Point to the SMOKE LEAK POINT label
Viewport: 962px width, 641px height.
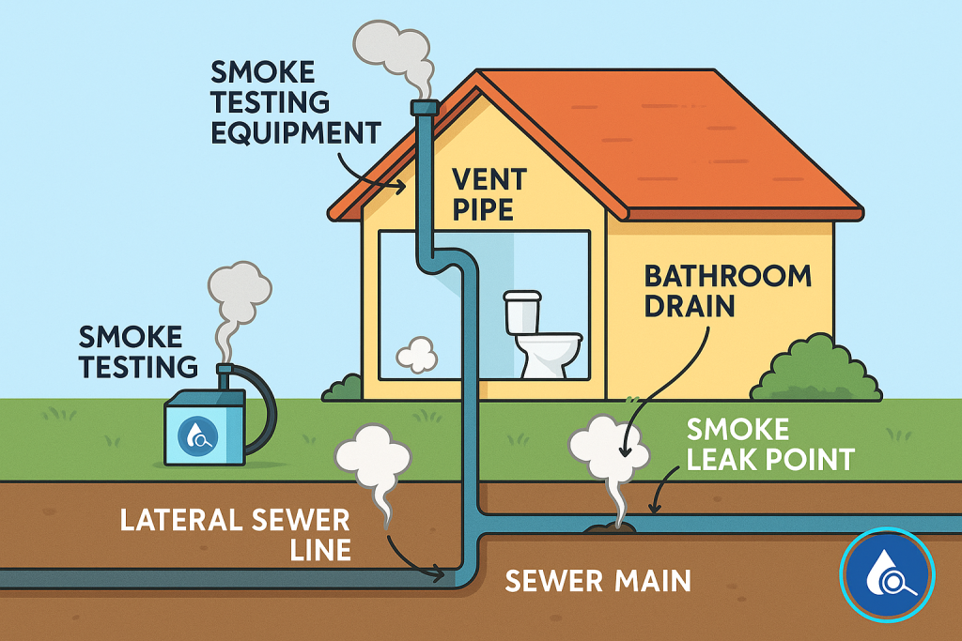(x=769, y=445)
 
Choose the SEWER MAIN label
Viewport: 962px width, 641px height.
(x=597, y=580)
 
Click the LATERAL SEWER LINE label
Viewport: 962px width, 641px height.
(x=235, y=534)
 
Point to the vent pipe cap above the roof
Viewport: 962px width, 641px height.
(x=425, y=109)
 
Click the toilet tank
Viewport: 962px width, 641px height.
(x=524, y=312)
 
